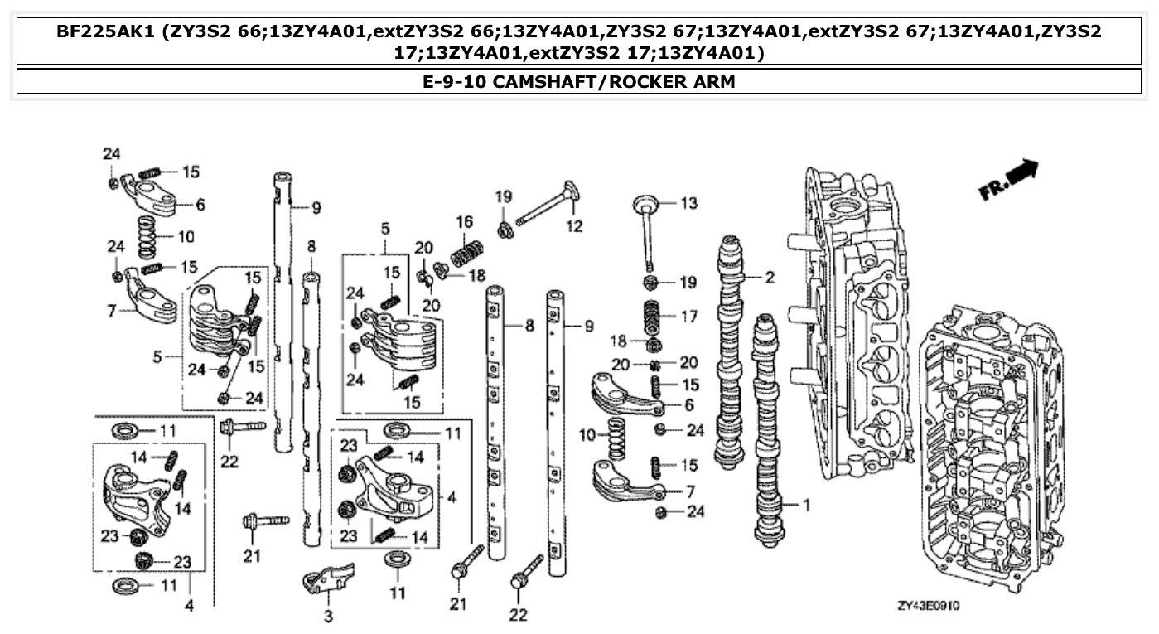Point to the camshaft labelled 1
click(x=767, y=431)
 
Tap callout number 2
click(x=770, y=278)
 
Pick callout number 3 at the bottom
click(x=328, y=617)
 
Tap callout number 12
click(x=573, y=225)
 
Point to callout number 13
click(x=689, y=203)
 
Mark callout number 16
click(x=464, y=222)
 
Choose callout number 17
click(x=688, y=316)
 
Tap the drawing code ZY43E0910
click(x=930, y=607)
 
